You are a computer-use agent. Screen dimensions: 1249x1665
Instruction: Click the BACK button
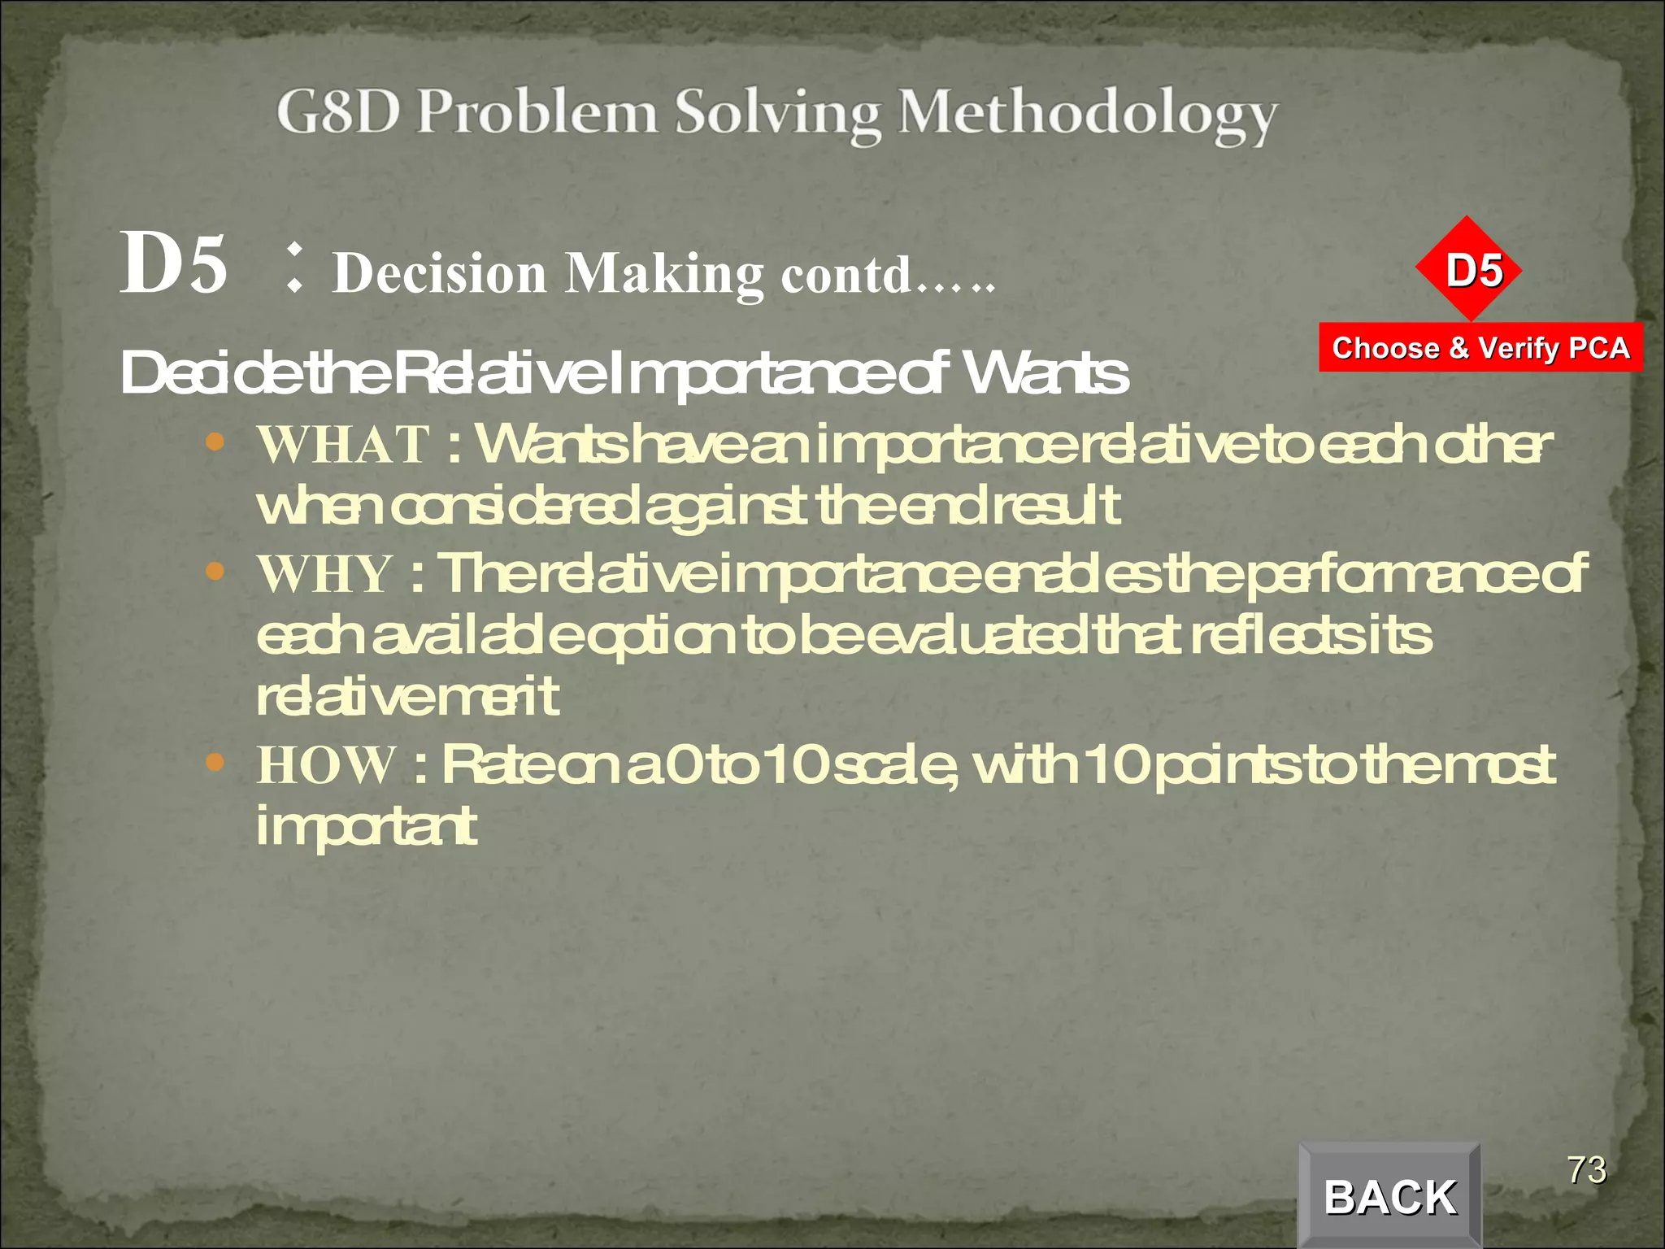1389,1196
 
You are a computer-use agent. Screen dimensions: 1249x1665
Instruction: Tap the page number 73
1586,1170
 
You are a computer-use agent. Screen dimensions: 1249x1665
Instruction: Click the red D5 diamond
1468,269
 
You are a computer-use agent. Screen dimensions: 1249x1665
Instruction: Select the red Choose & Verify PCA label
1480,348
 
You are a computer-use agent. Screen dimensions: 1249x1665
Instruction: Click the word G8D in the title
338,112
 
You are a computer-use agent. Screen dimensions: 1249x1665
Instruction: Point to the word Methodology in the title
1087,114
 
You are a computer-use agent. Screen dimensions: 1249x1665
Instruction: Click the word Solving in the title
778,114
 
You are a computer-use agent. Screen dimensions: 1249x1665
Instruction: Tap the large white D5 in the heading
174,263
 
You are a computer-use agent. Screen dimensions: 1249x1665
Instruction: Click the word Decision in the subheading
440,273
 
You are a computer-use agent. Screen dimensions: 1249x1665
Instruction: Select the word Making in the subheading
664,275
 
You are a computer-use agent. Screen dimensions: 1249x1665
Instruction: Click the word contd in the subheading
846,275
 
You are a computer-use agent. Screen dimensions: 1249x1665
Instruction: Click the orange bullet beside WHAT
215,442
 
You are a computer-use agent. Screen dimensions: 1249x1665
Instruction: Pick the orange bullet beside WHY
215,572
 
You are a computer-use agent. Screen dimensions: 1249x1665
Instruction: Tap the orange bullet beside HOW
215,763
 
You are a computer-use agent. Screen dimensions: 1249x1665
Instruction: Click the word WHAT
343,445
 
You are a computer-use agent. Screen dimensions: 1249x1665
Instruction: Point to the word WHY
325,574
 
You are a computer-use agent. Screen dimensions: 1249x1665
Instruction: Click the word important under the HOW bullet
366,827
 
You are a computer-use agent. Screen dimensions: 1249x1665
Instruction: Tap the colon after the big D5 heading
295,268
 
